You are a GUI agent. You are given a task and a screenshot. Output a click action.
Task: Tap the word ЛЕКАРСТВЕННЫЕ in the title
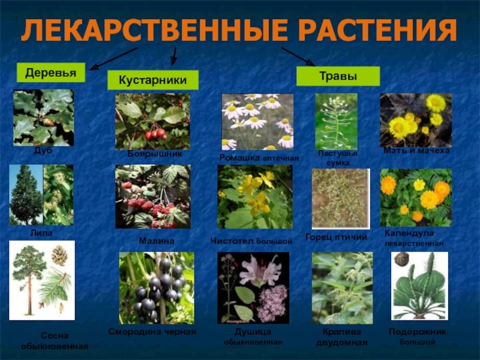[x=154, y=29]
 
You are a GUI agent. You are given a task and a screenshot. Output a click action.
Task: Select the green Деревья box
[x=51, y=73]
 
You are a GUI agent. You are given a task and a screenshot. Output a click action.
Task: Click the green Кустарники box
[x=153, y=80]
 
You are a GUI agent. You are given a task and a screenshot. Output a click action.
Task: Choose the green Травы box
[x=338, y=76]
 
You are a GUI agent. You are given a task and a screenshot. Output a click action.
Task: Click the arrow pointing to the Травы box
[x=298, y=56]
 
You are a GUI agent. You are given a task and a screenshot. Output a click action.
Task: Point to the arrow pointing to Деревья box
[x=114, y=58]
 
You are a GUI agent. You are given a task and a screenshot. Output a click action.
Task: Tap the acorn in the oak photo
[x=48, y=122]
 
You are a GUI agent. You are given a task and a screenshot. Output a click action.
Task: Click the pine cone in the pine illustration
[x=59, y=255]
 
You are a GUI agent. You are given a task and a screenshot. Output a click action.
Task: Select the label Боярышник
[x=155, y=154]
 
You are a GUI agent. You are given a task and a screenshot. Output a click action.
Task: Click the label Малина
[x=157, y=241]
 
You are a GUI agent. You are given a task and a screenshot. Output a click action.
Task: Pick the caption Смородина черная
[x=152, y=332]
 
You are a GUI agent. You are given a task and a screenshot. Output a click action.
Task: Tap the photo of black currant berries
[x=157, y=288]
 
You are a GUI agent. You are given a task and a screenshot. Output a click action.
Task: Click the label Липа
[x=41, y=233]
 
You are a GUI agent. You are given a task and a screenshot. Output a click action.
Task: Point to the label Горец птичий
[x=336, y=237]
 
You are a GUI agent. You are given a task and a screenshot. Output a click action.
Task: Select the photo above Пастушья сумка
[x=336, y=122]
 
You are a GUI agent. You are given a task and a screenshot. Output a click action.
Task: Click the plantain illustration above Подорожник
[x=419, y=286]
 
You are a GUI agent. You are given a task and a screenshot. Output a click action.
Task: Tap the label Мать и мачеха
[x=416, y=151]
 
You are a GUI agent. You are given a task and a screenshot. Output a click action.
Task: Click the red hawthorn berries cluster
[x=155, y=134]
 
